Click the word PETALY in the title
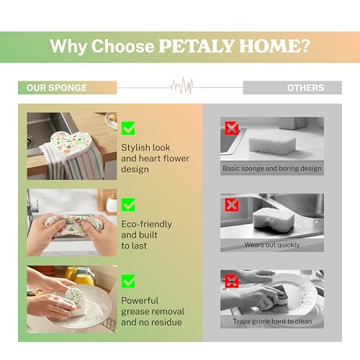point(197,45)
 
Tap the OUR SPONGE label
point(57,88)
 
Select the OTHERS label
point(305,88)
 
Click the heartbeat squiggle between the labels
point(181,86)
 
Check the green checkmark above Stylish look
point(128,128)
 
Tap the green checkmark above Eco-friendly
point(128,204)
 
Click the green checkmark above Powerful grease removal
point(128,281)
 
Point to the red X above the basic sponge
point(232,128)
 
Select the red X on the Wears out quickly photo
point(232,204)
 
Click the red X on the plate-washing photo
point(232,281)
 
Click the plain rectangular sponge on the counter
point(272,145)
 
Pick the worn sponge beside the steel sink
point(274,220)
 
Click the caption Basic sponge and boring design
point(272,168)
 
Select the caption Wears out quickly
point(272,245)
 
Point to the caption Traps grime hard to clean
point(272,321)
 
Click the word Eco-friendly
point(146,224)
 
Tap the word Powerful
point(140,300)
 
